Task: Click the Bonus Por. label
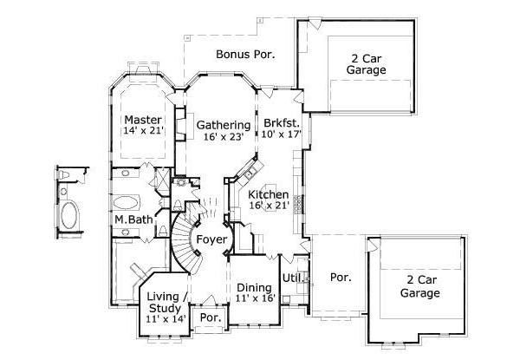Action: pyautogui.click(x=245, y=55)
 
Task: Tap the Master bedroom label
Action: pyautogui.click(x=139, y=119)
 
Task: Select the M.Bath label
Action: pyautogui.click(x=133, y=219)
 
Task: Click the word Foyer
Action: pyautogui.click(x=211, y=239)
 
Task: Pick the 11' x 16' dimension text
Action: pyautogui.click(x=254, y=299)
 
